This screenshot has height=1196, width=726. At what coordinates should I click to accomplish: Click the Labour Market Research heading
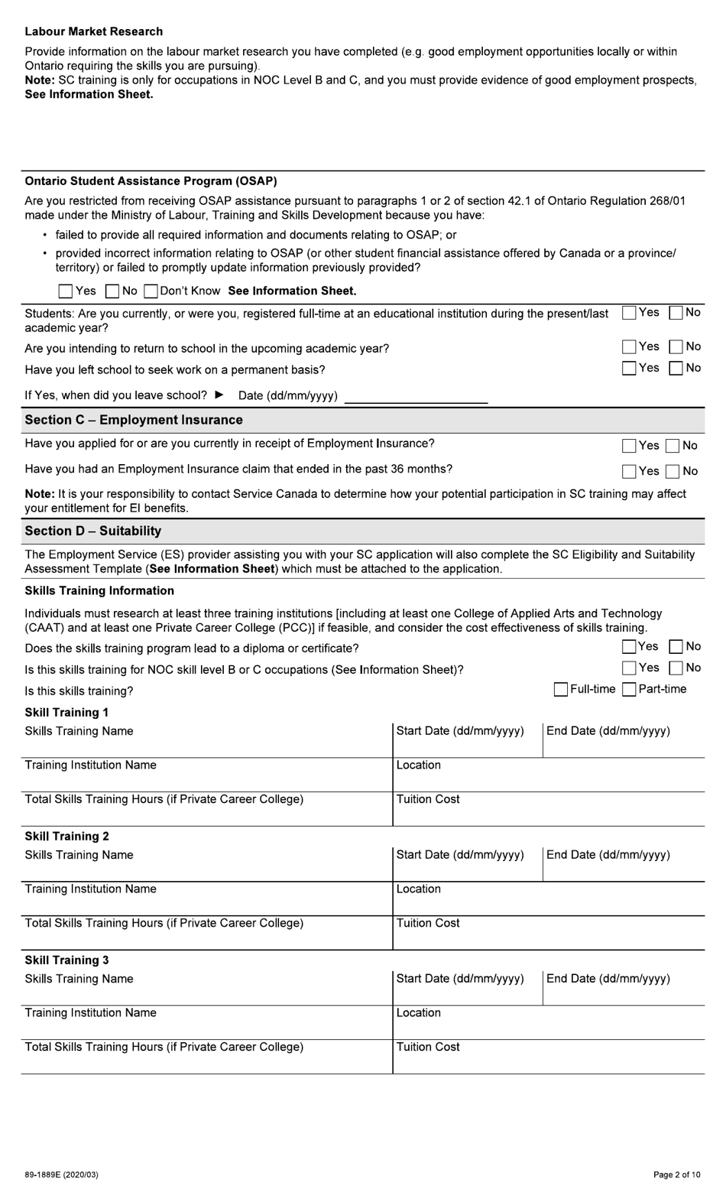pos(93,31)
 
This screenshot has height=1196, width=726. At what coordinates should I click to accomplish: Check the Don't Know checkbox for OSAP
pos(151,291)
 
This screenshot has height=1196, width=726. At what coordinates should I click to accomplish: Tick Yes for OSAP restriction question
pos(66,291)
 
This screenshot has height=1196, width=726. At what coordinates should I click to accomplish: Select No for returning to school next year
pos(676,347)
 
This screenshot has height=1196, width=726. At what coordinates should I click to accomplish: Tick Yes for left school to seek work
pos(629,369)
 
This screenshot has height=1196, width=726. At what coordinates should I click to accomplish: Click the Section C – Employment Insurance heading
pos(134,420)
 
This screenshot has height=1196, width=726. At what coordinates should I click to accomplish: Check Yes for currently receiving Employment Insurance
pos(629,446)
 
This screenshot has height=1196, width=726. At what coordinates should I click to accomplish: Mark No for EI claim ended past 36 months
pos(673,472)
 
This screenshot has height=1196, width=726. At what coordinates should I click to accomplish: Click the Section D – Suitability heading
pos(92,531)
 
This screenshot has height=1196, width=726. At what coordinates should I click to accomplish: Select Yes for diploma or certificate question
pos(629,647)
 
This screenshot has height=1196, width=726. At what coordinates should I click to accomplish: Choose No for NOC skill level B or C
pos(676,668)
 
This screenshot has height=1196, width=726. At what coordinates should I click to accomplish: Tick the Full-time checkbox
pos(560,690)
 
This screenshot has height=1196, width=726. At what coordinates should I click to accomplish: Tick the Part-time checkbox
pos(629,690)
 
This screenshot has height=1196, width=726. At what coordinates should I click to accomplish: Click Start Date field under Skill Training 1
pos(467,744)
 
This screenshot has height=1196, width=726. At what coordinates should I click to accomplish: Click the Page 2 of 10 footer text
pos(676,1175)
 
